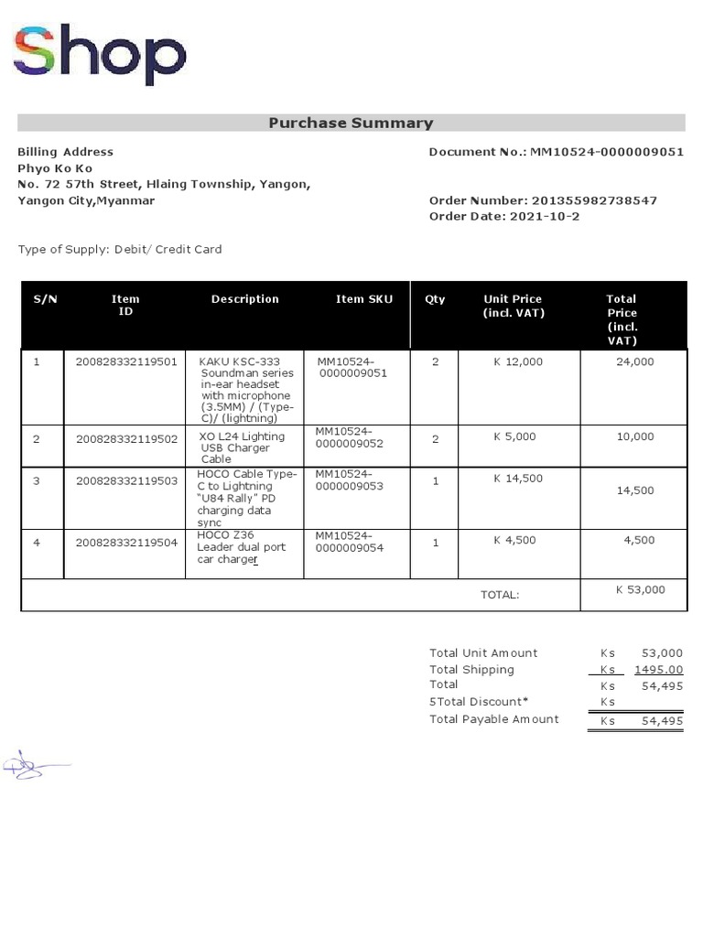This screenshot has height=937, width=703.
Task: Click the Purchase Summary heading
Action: (x=351, y=123)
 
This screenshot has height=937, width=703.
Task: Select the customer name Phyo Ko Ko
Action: (x=55, y=168)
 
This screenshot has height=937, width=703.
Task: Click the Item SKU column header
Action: (x=364, y=299)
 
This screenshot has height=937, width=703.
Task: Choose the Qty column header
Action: (x=435, y=299)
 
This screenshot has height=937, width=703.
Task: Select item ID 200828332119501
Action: (x=126, y=361)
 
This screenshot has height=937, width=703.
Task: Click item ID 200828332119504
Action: (x=126, y=543)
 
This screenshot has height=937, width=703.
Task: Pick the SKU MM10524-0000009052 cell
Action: (x=349, y=437)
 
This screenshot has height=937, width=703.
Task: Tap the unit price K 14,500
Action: (x=518, y=479)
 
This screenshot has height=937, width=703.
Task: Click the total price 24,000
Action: (x=634, y=361)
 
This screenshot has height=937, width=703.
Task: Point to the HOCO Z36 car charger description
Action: (x=243, y=547)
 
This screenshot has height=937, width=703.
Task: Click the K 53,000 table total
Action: (x=640, y=590)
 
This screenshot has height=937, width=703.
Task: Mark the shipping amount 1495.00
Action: (x=658, y=670)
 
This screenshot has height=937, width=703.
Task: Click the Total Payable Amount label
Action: (x=493, y=719)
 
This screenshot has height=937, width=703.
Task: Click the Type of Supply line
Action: (x=120, y=249)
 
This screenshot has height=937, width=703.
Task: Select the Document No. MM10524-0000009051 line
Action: (x=556, y=152)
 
